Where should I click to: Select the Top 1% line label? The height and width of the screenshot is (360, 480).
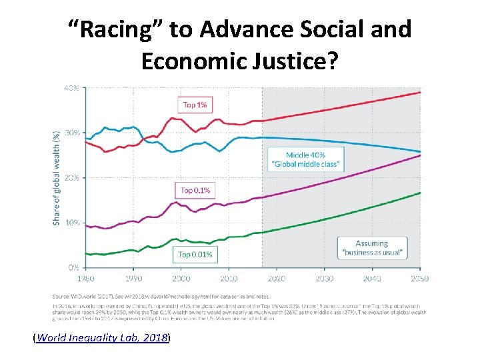pyautogui.click(x=195, y=105)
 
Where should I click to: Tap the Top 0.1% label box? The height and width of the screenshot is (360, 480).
pyautogui.click(x=196, y=190)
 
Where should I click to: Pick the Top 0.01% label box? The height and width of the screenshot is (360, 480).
pyautogui.click(x=195, y=254)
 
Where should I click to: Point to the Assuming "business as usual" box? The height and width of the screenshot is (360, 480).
pyautogui.click(x=372, y=248)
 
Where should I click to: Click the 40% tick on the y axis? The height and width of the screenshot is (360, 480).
pyautogui.click(x=72, y=87)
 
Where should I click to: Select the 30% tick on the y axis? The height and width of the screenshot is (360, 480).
pyautogui.click(x=72, y=132)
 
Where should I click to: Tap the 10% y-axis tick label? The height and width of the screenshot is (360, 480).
pyautogui.click(x=72, y=222)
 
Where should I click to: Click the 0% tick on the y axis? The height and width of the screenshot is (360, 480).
pyautogui.click(x=74, y=267)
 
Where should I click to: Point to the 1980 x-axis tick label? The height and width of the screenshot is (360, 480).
pyautogui.click(x=86, y=278)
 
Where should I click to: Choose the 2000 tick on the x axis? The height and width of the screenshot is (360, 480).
pyautogui.click(x=181, y=278)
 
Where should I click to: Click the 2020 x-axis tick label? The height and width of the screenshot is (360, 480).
pyautogui.click(x=276, y=278)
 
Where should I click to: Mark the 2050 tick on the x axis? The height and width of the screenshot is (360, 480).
pyautogui.click(x=419, y=278)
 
